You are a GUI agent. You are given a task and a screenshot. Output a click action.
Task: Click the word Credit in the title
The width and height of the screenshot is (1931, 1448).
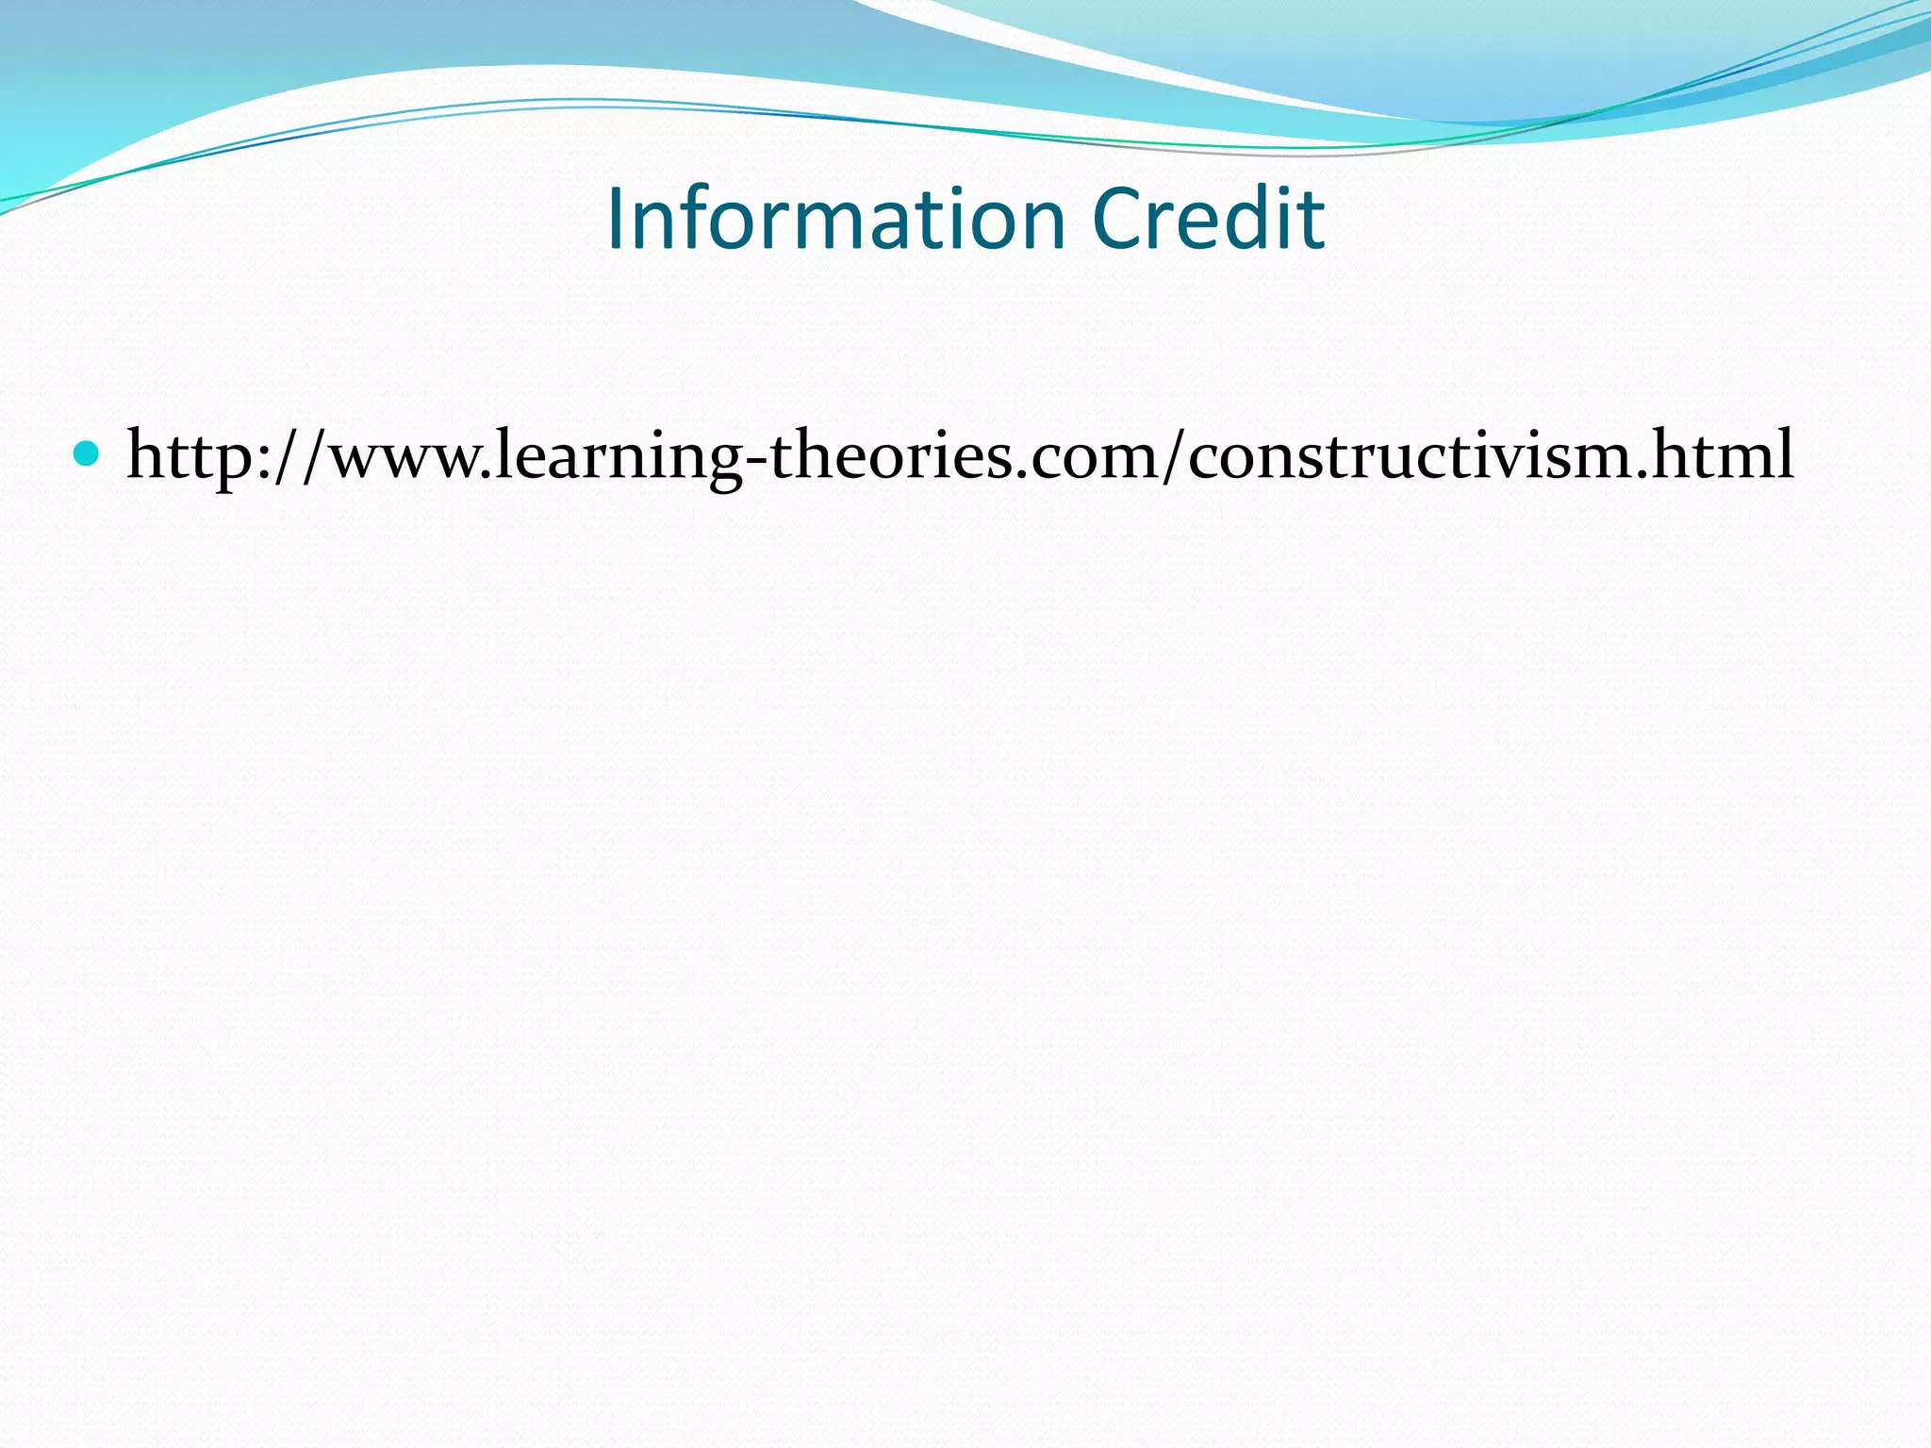[x=1209, y=219]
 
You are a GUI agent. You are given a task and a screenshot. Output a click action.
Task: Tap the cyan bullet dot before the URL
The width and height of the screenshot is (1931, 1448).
[x=86, y=454]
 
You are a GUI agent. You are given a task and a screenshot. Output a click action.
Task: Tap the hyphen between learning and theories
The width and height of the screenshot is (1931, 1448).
[x=754, y=458]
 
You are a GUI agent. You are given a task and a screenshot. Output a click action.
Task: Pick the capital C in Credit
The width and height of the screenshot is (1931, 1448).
[x=1117, y=220]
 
